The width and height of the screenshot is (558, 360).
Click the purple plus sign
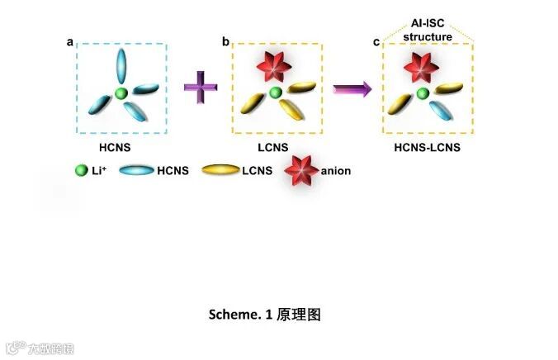[x=199, y=87]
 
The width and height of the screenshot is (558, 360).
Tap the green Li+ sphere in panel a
[x=121, y=93]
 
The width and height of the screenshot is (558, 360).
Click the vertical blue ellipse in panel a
[x=121, y=64]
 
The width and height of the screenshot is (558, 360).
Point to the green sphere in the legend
[x=81, y=171]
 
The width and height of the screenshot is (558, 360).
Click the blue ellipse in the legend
[x=136, y=171]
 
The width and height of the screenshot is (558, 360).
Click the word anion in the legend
[x=337, y=171]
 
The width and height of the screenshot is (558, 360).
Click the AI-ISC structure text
[x=428, y=31]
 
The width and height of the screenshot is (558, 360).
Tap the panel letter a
[x=69, y=40]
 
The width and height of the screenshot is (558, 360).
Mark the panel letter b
[x=225, y=40]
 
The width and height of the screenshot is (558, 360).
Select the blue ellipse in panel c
[x=442, y=107]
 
